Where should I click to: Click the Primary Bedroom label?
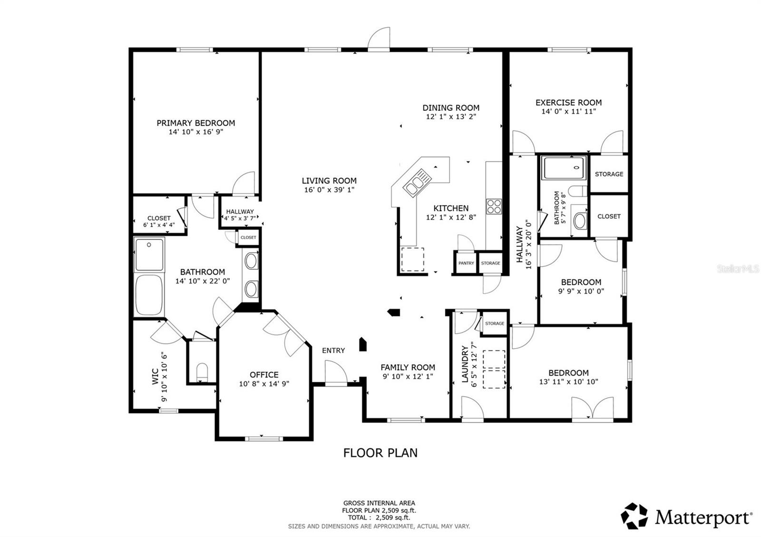(x=195, y=123)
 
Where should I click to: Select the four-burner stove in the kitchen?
(x=494, y=206)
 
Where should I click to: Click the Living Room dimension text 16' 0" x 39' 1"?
(x=329, y=190)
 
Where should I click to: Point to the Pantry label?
(x=466, y=263)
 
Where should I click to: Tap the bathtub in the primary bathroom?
(x=149, y=295)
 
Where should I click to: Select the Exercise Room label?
(x=568, y=102)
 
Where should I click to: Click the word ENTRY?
(x=333, y=350)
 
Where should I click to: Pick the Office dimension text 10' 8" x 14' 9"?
(x=264, y=384)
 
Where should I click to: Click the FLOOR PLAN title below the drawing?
(x=380, y=453)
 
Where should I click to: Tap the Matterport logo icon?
(x=634, y=516)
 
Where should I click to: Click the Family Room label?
(x=408, y=367)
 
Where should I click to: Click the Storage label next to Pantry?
(x=490, y=263)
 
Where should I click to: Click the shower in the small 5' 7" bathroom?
(x=564, y=168)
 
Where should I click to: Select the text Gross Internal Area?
(x=379, y=503)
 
